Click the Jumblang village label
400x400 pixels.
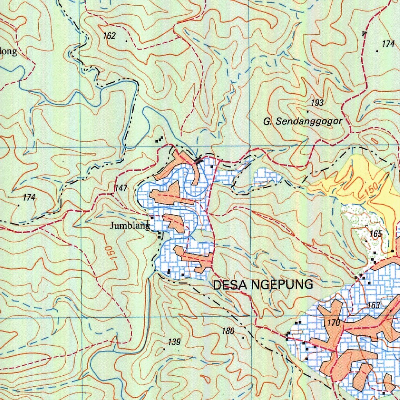click(x=130, y=226)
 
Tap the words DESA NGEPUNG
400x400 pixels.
click(x=263, y=285)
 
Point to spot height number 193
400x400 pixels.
click(x=317, y=103)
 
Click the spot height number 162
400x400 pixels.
click(x=109, y=36)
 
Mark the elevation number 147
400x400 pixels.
click(x=121, y=189)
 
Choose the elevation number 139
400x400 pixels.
click(x=174, y=343)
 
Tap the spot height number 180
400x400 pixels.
click(x=228, y=332)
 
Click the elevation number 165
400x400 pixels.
click(x=375, y=234)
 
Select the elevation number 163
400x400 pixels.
click(x=374, y=305)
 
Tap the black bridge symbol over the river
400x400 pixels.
click(x=198, y=159)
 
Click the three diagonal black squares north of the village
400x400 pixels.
click(x=159, y=139)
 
